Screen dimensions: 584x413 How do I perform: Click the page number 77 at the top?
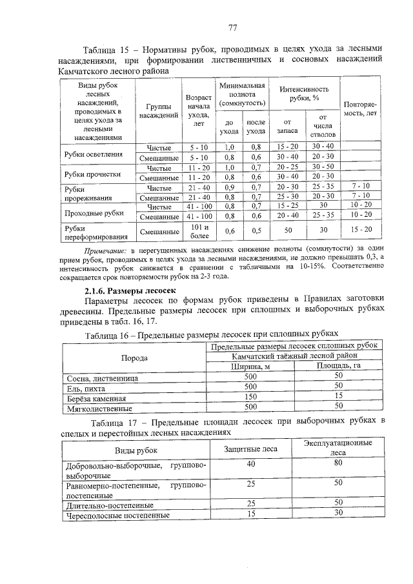[x=233, y=27]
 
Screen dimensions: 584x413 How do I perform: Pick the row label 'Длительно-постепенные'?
[x=108, y=505]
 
